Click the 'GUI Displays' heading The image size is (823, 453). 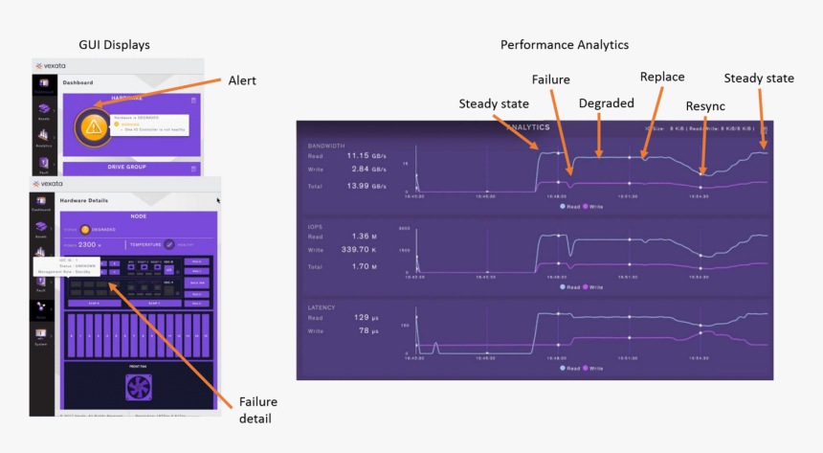point(114,45)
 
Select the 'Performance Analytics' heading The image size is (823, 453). point(565,45)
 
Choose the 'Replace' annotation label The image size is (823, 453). point(661,76)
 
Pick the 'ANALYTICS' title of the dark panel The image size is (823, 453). point(527,126)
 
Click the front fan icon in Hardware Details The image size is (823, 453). point(140,388)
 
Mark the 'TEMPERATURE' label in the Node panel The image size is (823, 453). point(146,244)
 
